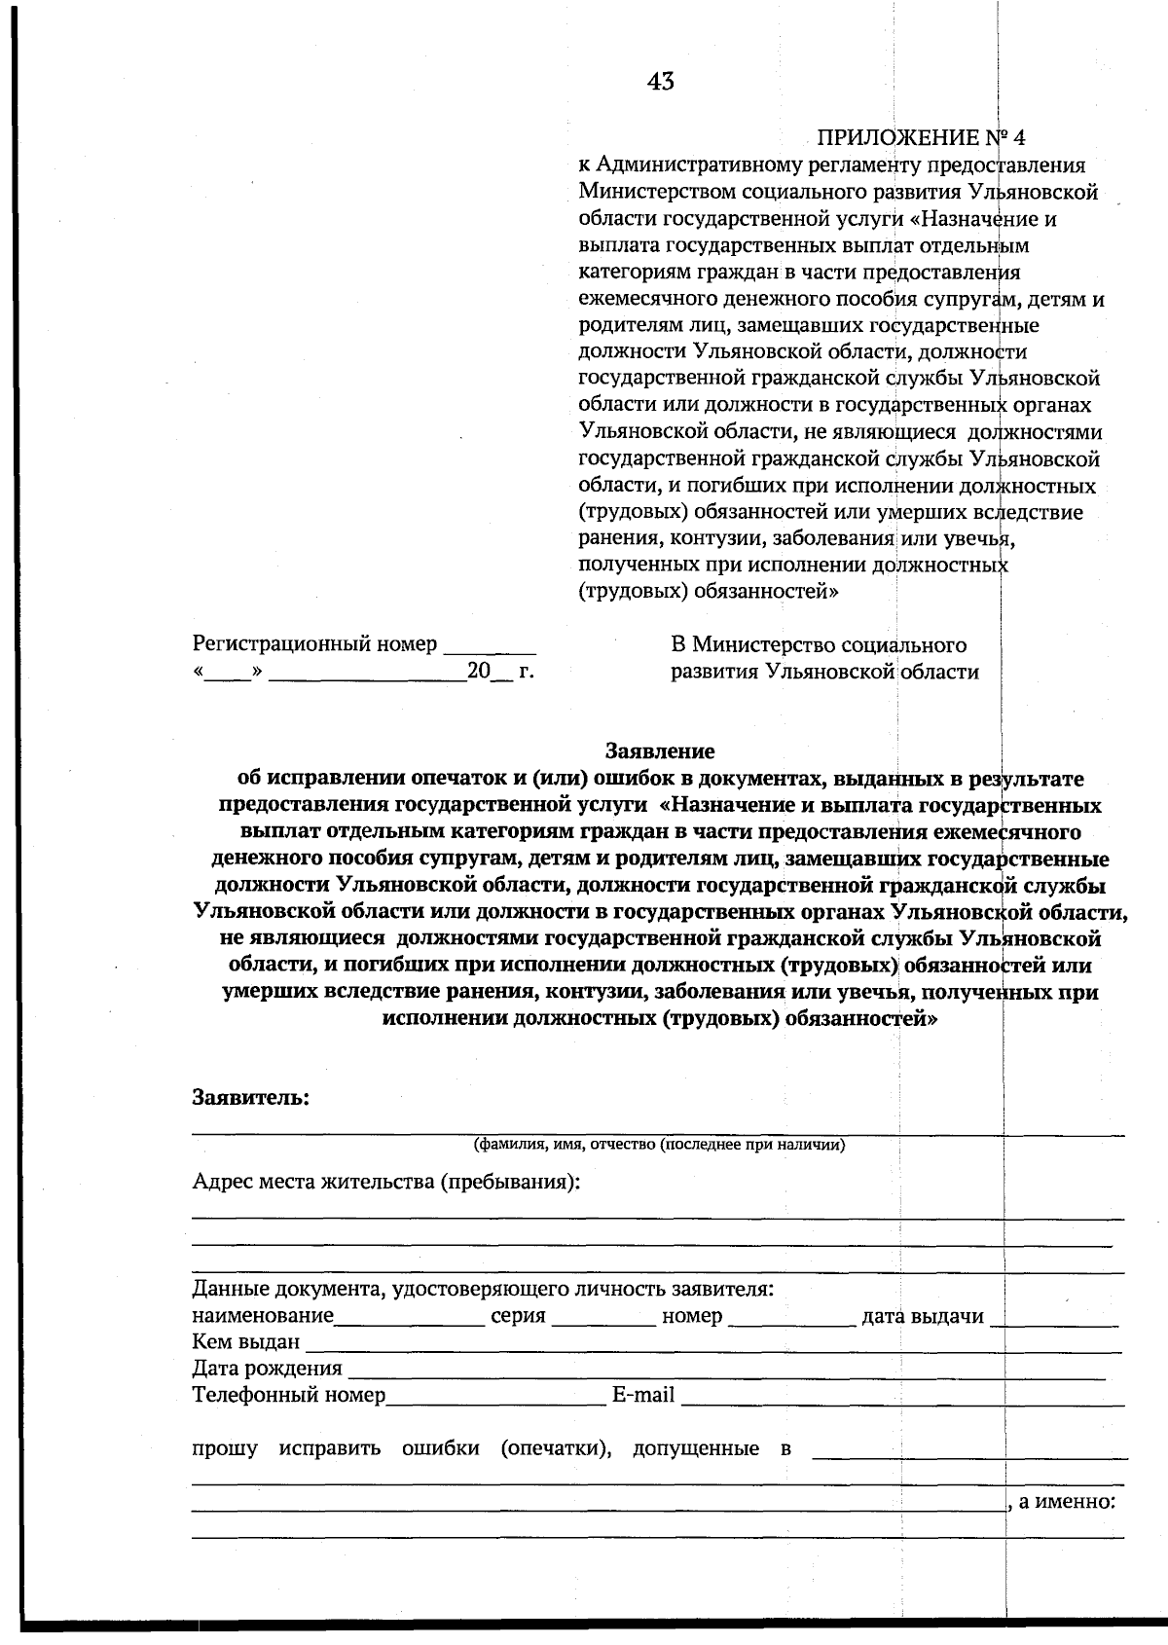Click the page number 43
[660, 82]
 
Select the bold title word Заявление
[660, 751]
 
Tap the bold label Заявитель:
[251, 1098]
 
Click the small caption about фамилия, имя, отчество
[659, 1145]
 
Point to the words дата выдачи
[923, 1317]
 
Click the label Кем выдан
[245, 1342]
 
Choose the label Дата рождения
[267, 1369]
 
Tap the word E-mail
[642, 1396]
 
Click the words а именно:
[1066, 1501]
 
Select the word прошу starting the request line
[225, 1448]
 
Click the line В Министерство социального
[818, 644]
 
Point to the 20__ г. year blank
[500, 672]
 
